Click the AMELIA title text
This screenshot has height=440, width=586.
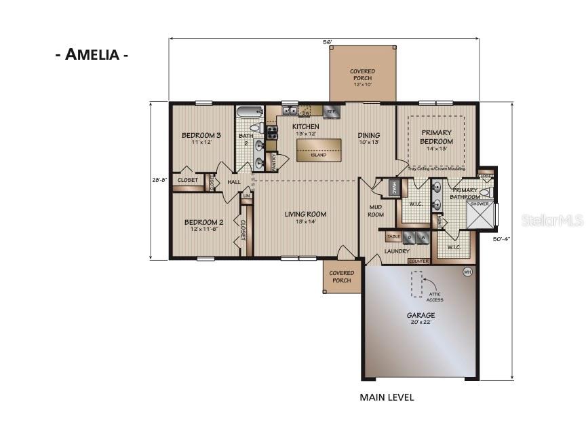(x=92, y=55)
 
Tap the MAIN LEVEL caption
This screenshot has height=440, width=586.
(x=387, y=397)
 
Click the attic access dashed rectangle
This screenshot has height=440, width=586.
(x=416, y=285)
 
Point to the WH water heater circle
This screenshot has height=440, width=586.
(x=467, y=272)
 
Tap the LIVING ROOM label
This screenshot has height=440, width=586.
(x=305, y=217)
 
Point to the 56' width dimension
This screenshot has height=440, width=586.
(x=327, y=43)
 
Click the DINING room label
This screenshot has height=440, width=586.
(x=368, y=139)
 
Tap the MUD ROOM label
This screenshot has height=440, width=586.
(x=376, y=210)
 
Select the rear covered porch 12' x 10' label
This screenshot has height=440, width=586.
(x=362, y=75)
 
